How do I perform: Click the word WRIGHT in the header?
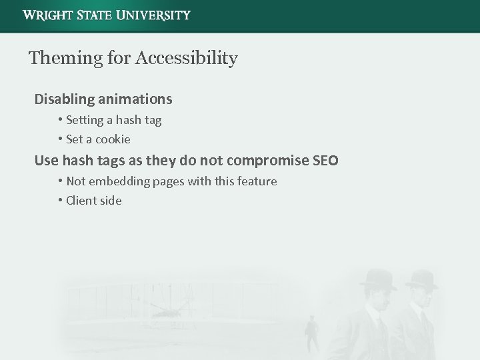click(48, 15)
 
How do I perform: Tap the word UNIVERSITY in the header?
click(153, 15)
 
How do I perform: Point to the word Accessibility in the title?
click(186, 59)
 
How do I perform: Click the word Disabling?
click(64, 99)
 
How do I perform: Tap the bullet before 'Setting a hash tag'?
click(60, 120)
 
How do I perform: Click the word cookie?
click(113, 139)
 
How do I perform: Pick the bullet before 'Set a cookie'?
click(60, 139)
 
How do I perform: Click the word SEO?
click(325, 161)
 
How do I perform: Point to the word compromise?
click(267, 161)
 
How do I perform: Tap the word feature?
click(257, 181)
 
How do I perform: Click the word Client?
click(82, 201)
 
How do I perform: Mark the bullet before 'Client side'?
click(60, 201)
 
